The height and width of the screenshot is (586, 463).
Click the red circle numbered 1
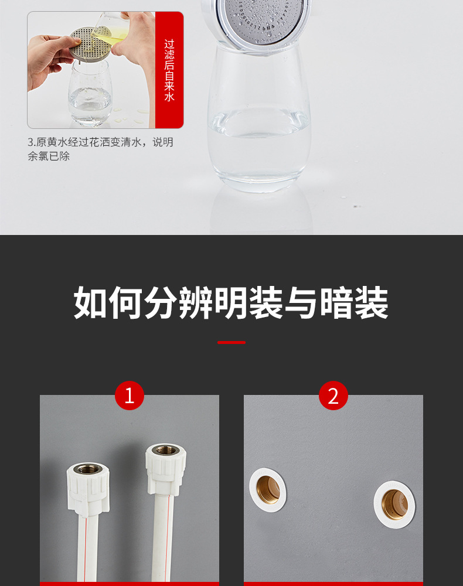tap(130, 396)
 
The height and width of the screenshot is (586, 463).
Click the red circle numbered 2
tap(333, 396)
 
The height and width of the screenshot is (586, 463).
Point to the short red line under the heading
tap(231, 342)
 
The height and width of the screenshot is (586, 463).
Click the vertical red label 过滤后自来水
tap(169, 70)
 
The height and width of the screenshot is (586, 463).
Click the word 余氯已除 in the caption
tap(49, 156)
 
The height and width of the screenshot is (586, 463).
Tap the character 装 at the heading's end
tap(371, 303)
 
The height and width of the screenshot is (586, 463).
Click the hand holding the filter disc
tap(44, 59)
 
